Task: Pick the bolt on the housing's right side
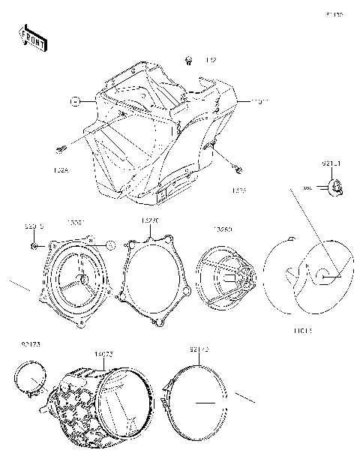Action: [237, 166]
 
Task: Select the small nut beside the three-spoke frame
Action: [34, 244]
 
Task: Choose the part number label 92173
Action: [31, 343]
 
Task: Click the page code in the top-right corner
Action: [334, 14]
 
